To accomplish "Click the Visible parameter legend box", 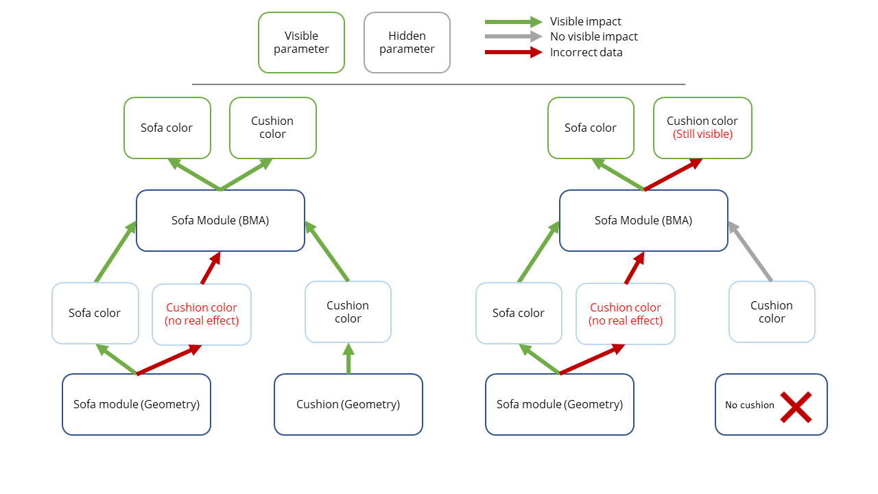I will [x=301, y=43].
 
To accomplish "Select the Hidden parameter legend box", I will [x=407, y=43].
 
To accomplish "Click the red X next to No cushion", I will [x=796, y=407].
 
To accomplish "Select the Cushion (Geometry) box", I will [x=348, y=404].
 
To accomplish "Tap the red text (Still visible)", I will [x=702, y=134].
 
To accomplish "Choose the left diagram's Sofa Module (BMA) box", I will [x=220, y=220].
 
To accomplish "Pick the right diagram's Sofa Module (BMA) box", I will [x=643, y=220].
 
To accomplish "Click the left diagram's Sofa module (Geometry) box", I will [x=137, y=404].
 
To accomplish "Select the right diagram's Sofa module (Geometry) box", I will [x=560, y=404].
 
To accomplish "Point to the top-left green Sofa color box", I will [x=167, y=128].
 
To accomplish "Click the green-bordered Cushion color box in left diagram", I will [x=272, y=128].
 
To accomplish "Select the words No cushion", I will [x=749, y=405].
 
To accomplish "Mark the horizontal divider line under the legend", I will [x=438, y=84].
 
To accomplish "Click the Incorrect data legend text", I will [x=586, y=53].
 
